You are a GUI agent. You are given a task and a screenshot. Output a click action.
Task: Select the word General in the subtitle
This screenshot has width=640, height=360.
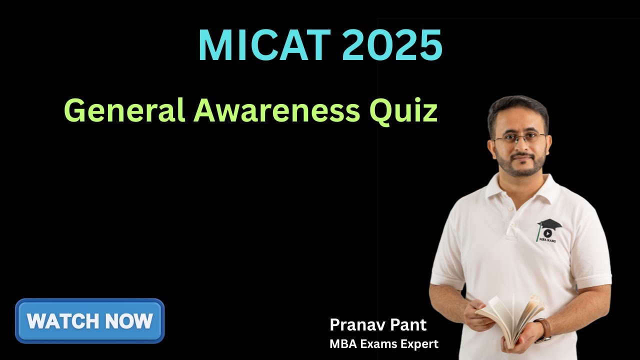pyautogui.click(x=124, y=111)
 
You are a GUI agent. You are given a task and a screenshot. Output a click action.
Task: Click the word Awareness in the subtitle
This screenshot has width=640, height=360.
pyautogui.click(x=276, y=111)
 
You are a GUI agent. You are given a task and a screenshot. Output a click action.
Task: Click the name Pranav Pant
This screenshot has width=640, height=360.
pyautogui.click(x=378, y=325)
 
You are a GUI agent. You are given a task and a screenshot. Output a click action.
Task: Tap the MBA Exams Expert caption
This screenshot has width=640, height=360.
pyautogui.click(x=384, y=344)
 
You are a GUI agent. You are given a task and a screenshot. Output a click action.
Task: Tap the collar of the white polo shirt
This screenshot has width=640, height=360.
pyautogui.click(x=520, y=187)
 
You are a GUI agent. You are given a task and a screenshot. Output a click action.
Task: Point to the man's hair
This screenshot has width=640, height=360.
pyautogui.click(x=517, y=107)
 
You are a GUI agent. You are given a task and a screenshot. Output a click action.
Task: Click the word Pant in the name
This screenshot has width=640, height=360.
pyautogui.click(x=409, y=325)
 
